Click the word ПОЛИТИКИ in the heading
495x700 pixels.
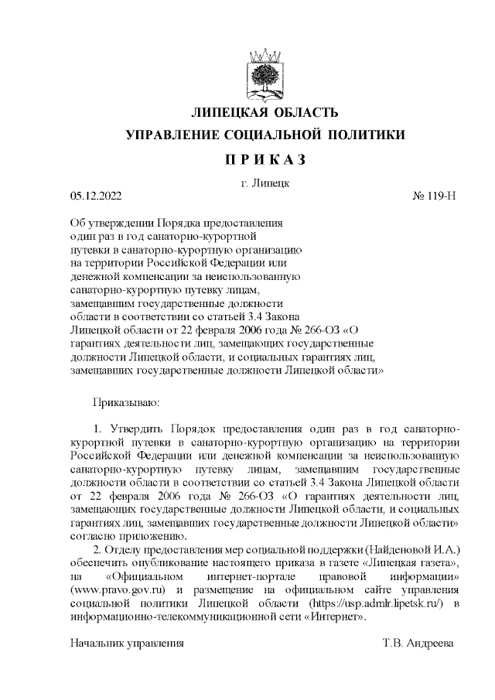point(369,136)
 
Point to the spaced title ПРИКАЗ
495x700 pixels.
point(265,160)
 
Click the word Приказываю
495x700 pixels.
point(126,403)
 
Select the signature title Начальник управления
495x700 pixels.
point(127,644)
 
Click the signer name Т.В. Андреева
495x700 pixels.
point(418,644)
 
